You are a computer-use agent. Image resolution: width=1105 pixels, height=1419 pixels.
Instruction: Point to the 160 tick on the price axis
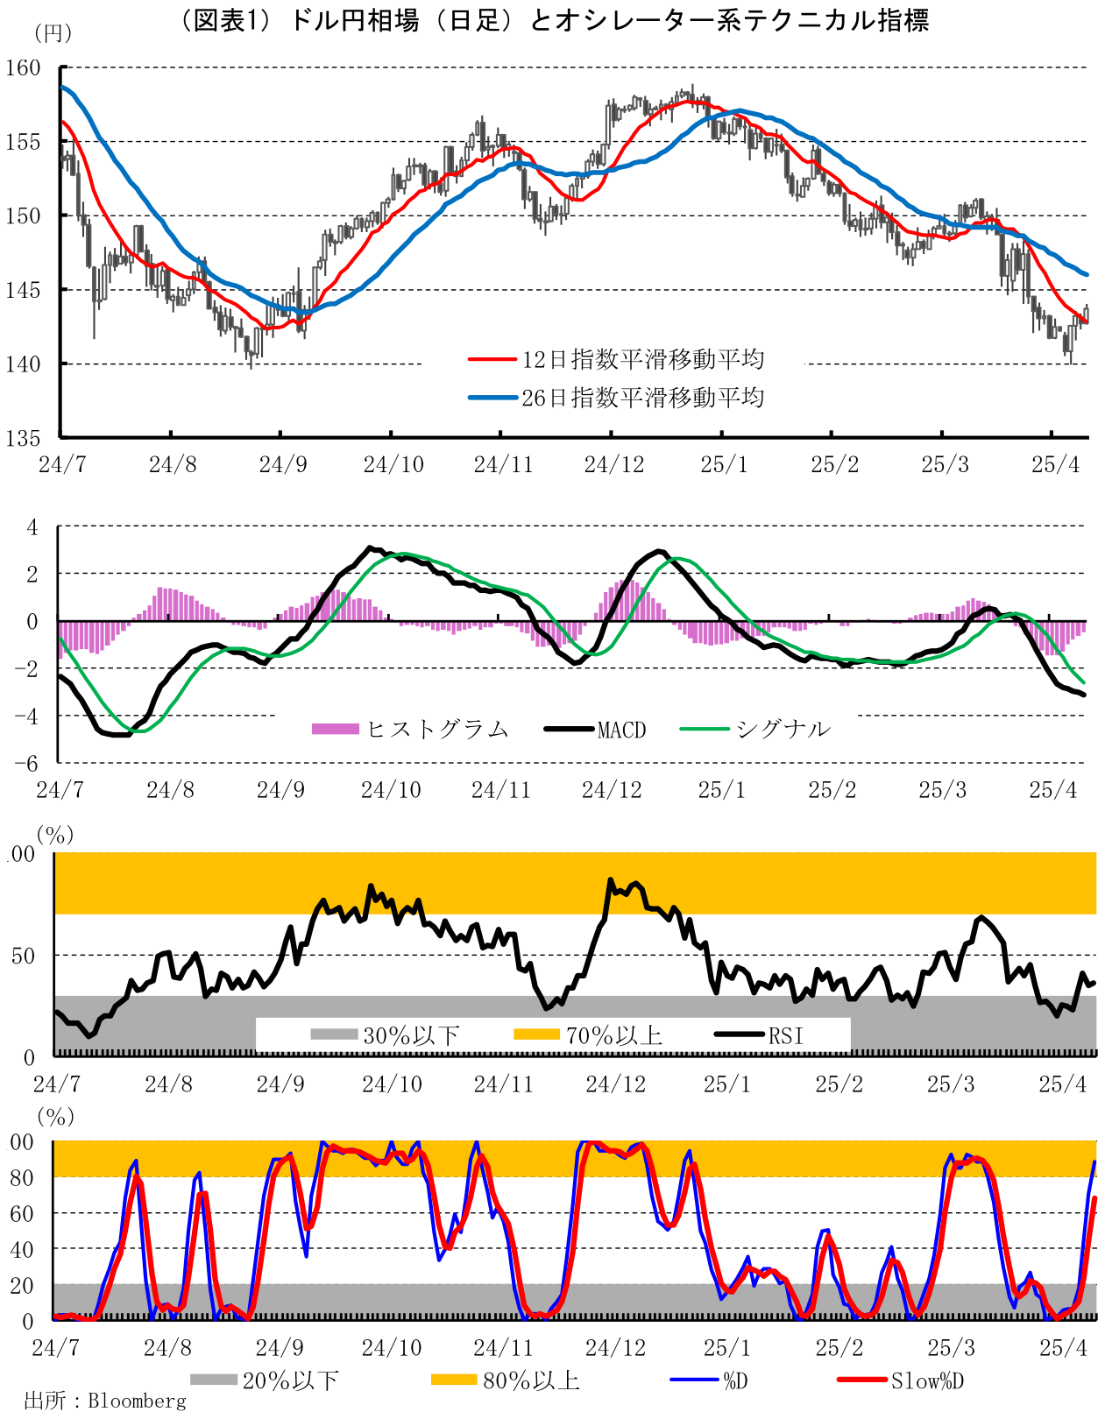point(24,68)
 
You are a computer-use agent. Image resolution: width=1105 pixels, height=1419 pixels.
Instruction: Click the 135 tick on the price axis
point(24,438)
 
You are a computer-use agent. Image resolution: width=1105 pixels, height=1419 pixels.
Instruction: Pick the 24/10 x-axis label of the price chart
point(393,464)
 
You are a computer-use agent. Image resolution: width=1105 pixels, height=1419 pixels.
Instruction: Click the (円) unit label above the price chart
point(52,33)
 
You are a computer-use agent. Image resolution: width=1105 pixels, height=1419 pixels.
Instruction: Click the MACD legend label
point(621,730)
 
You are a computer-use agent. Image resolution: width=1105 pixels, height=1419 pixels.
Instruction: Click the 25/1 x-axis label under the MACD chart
point(722,790)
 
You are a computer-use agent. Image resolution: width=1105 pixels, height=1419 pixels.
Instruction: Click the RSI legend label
point(785,1035)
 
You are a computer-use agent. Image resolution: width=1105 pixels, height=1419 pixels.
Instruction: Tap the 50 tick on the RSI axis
point(24,956)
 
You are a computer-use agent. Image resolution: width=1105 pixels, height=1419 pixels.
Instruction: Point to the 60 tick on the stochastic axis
point(22,1213)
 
